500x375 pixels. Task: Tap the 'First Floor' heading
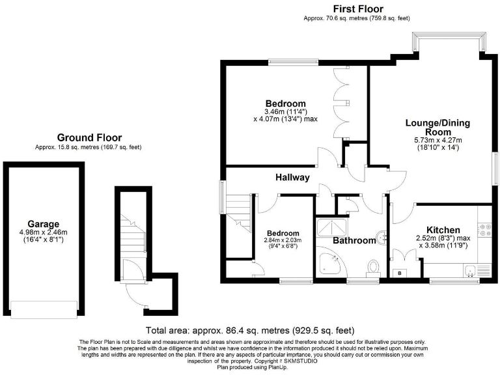(357, 8)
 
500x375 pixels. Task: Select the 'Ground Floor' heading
(89, 137)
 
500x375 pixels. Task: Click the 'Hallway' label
(292, 177)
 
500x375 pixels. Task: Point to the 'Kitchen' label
(443, 230)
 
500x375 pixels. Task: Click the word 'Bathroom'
(354, 240)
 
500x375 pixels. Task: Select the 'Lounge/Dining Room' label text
(437, 127)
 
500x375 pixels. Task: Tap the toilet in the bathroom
(373, 268)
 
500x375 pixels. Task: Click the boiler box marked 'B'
(399, 273)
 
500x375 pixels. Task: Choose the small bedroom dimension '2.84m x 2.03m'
(282, 240)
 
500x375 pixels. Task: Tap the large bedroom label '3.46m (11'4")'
(285, 112)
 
